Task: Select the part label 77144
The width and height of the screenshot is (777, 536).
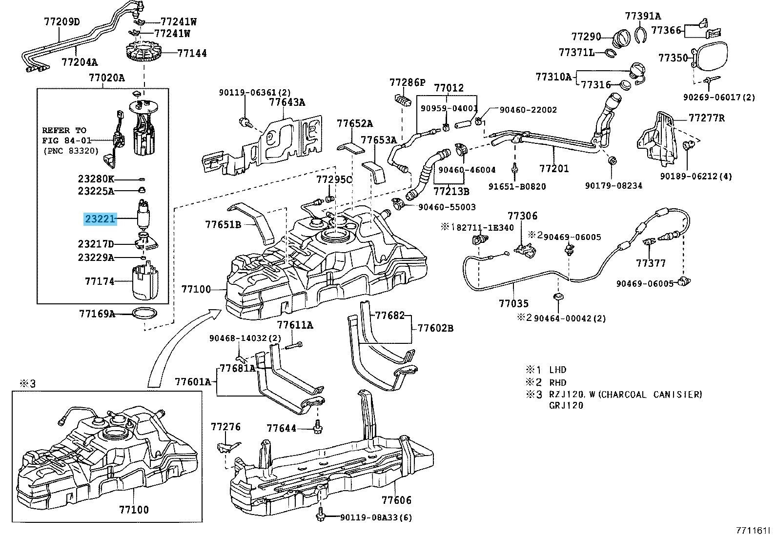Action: pos(192,53)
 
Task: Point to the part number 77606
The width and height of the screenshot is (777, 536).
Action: pos(396,500)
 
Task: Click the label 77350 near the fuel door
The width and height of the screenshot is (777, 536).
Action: pos(673,58)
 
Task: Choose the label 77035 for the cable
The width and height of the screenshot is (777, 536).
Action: pos(513,303)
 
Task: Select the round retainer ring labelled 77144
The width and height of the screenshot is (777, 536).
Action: pos(144,53)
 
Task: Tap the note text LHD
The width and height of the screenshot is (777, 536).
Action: pos(557,370)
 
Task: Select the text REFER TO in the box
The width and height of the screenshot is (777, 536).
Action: pos(63,130)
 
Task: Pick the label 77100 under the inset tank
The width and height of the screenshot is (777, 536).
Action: pos(134,510)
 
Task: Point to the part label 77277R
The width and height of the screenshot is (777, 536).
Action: pos(706,118)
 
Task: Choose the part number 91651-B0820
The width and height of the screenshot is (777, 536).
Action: pos(517,186)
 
